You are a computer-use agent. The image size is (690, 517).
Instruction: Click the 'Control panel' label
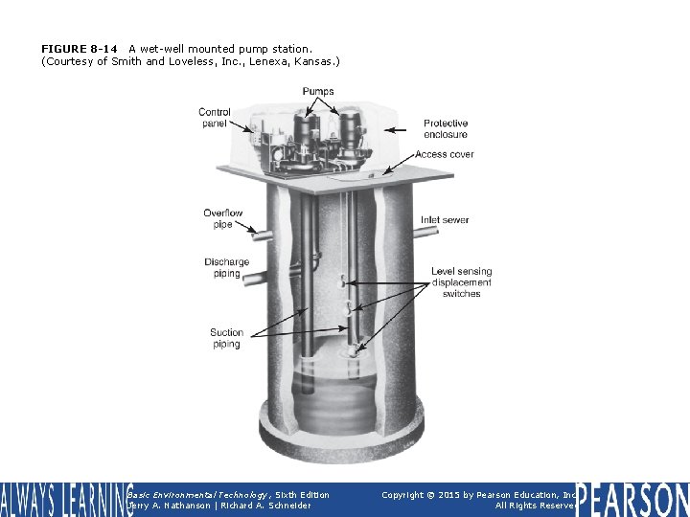pyautogui.click(x=216, y=118)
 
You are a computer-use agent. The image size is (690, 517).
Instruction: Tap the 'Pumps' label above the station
pyautogui.click(x=318, y=92)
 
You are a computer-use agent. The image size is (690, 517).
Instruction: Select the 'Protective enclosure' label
pyautogui.click(x=446, y=128)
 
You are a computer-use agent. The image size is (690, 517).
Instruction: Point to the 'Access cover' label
pyautogui.click(x=444, y=154)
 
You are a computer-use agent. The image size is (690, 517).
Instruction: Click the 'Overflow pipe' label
pyautogui.click(x=222, y=218)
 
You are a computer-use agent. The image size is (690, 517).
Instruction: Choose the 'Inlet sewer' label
pyautogui.click(x=445, y=220)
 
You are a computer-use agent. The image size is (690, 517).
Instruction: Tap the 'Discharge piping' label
pyautogui.click(x=226, y=268)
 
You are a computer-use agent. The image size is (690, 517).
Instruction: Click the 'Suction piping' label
pyautogui.click(x=226, y=338)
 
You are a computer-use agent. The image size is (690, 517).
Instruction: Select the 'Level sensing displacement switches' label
pyautogui.click(x=461, y=282)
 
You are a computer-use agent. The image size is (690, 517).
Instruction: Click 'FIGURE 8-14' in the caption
pyautogui.click(x=80, y=48)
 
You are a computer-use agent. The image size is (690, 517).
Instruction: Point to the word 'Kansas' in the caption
pyautogui.click(x=314, y=61)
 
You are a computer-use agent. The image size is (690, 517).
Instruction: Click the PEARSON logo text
pyautogui.click(x=632, y=499)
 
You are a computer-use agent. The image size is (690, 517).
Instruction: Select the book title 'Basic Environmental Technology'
pyautogui.click(x=188, y=494)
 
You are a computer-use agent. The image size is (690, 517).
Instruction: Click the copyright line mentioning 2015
pyautogui.click(x=478, y=494)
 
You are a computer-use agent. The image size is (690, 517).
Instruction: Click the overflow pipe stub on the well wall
pyautogui.click(x=262, y=231)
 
